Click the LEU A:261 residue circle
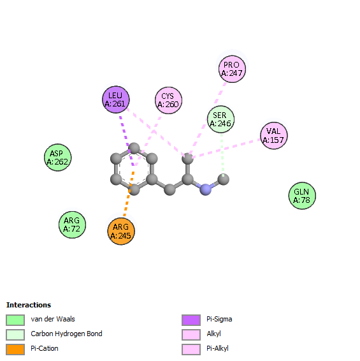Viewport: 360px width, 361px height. (116, 99)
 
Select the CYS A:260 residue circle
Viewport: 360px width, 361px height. (168, 100)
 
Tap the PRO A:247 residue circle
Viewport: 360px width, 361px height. (232, 69)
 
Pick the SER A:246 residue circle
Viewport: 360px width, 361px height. (221, 119)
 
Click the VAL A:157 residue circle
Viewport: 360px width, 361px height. (274, 136)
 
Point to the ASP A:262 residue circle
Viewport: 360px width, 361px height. (58, 158)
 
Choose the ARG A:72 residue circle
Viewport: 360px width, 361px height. (72, 225)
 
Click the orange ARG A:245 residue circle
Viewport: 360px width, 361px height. (121, 231)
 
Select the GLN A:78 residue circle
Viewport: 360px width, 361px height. (302, 196)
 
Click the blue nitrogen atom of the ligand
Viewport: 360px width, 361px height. (205, 189)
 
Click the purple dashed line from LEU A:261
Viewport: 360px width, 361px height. (127, 141)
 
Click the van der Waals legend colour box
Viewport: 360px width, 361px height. (15, 320)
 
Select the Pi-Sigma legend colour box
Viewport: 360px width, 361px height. (191, 320)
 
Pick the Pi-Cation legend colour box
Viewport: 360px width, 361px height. (15, 350)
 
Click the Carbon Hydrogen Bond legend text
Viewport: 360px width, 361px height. (66, 334)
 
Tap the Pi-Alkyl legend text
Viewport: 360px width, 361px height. (217, 349)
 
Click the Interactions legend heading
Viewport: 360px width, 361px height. (29, 305)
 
